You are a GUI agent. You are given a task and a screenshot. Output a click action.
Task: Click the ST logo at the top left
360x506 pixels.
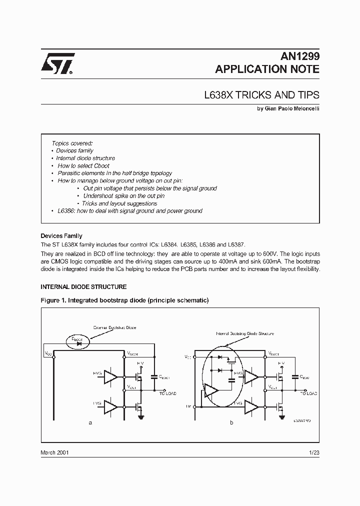(x=58, y=64)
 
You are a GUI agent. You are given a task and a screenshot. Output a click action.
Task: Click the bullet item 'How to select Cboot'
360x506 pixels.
(x=83, y=165)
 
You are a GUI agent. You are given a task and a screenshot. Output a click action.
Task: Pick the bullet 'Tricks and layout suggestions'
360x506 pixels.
(x=119, y=203)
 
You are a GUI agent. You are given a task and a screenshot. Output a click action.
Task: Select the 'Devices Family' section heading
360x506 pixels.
(x=61, y=235)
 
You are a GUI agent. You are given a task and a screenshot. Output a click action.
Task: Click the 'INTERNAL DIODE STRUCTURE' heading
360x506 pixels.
(x=83, y=287)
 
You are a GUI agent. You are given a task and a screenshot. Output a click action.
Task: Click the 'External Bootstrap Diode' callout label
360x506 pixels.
(x=114, y=327)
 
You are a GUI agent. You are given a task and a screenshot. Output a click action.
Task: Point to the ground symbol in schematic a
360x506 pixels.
(x=142, y=416)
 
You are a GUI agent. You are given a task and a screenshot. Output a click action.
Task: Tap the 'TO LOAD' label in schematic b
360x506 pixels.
(x=309, y=393)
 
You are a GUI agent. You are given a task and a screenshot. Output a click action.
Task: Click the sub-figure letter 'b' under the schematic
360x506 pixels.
(x=231, y=423)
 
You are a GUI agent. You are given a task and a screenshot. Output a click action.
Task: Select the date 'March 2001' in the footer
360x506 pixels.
(x=54, y=452)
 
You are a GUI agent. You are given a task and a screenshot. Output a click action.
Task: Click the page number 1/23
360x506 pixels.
(x=314, y=452)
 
